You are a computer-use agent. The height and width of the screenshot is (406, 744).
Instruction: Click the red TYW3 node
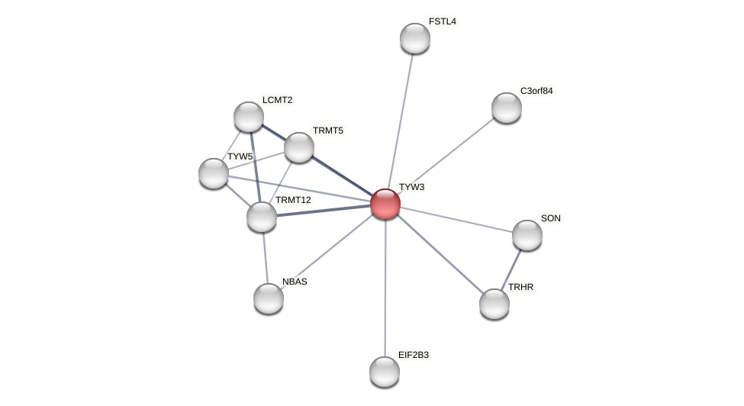[x=385, y=204]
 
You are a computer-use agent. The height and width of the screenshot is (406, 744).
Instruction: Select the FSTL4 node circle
[x=415, y=38]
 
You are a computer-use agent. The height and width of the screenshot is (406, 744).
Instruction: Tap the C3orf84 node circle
[x=507, y=108]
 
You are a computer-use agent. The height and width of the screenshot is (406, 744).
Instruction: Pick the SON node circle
[x=527, y=235]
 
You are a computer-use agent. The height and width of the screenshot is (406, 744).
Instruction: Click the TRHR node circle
[x=494, y=304]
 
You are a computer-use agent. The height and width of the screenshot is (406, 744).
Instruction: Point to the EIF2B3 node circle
[x=385, y=372]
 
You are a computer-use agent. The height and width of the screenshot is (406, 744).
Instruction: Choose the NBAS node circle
[x=269, y=298]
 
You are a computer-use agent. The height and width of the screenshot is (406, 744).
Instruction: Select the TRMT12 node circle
[x=262, y=217]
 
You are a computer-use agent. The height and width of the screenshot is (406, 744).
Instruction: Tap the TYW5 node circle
[x=214, y=173]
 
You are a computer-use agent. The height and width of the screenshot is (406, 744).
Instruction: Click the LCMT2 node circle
[x=249, y=117]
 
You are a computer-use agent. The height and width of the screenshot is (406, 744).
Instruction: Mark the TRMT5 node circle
[x=299, y=147]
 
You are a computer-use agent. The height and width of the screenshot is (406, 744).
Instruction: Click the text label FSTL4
[x=443, y=21]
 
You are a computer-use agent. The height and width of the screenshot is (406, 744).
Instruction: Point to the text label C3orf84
[x=536, y=91]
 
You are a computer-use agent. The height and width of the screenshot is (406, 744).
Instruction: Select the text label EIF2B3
[x=414, y=355]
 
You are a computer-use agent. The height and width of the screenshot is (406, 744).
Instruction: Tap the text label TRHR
[x=521, y=287]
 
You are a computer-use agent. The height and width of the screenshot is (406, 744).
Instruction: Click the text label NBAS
[x=295, y=282]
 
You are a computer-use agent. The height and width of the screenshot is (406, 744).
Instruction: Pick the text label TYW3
[x=411, y=187]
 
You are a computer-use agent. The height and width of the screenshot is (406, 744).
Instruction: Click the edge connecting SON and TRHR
[x=511, y=269]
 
